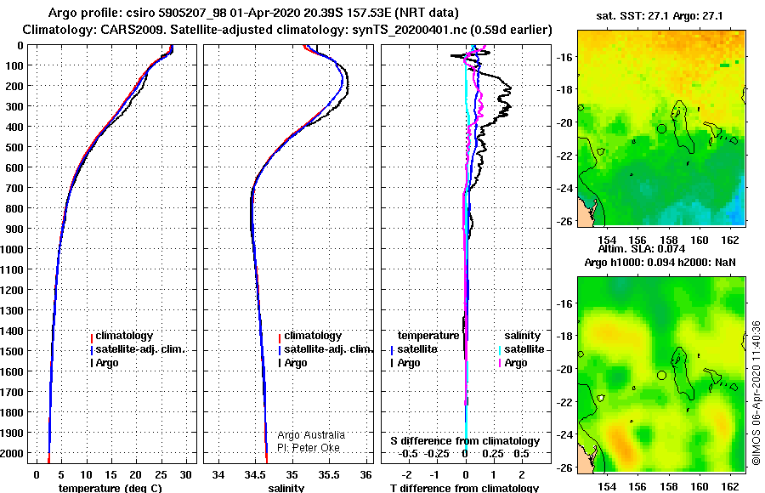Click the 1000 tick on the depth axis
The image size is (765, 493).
tap(12, 249)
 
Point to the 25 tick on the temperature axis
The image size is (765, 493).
tap(161, 475)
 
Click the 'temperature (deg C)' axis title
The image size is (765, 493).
tap(110, 488)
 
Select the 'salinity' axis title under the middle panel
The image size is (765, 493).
tap(286, 488)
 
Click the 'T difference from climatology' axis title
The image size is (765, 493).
tap(464, 488)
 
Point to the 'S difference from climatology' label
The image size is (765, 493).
tap(465, 441)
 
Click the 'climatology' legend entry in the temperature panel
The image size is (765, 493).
tap(124, 336)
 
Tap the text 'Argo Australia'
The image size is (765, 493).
tap(311, 435)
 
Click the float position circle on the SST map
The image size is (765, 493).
tap(661, 129)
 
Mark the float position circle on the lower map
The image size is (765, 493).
tap(661, 376)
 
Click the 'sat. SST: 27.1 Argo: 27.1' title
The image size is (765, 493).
tap(660, 16)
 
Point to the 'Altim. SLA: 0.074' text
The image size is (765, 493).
tap(642, 249)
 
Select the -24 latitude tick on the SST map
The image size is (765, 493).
tap(566, 188)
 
